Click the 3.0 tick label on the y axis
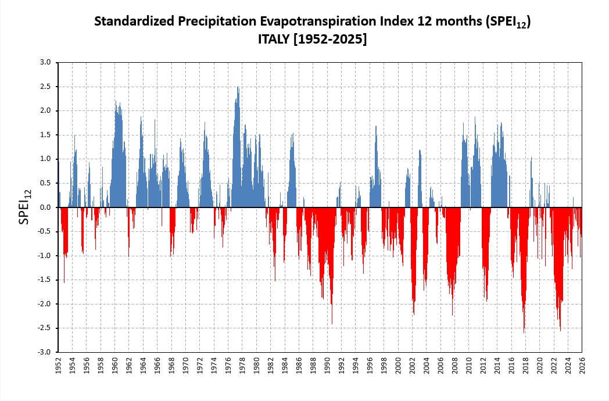[x=46, y=62]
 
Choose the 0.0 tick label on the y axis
[x=46, y=207]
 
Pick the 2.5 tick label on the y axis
[x=46, y=87]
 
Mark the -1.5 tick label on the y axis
[x=45, y=280]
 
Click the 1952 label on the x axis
[x=59, y=366]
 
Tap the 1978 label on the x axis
[x=243, y=366]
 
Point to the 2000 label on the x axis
[x=399, y=366]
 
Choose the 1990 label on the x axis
[x=328, y=366]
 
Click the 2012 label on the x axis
[x=483, y=366]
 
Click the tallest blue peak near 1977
[x=238, y=88]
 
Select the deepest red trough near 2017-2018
[x=524, y=332]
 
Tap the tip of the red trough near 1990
[x=332, y=324]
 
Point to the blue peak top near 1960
[x=115, y=101]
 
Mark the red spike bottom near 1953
[x=64, y=282]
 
